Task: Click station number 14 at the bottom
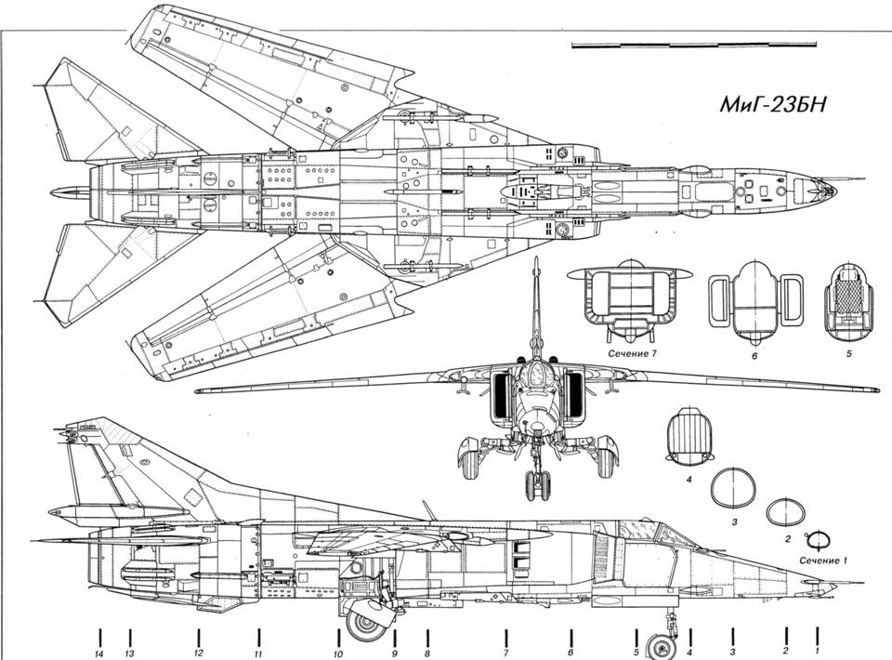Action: pos(98,653)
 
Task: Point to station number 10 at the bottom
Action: pos(338,653)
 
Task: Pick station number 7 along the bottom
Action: pos(506,653)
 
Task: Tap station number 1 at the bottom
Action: pos(817,652)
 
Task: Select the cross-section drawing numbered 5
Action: pos(849,298)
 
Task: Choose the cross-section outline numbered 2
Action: pos(785,512)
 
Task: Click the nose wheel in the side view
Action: pos(663,643)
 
